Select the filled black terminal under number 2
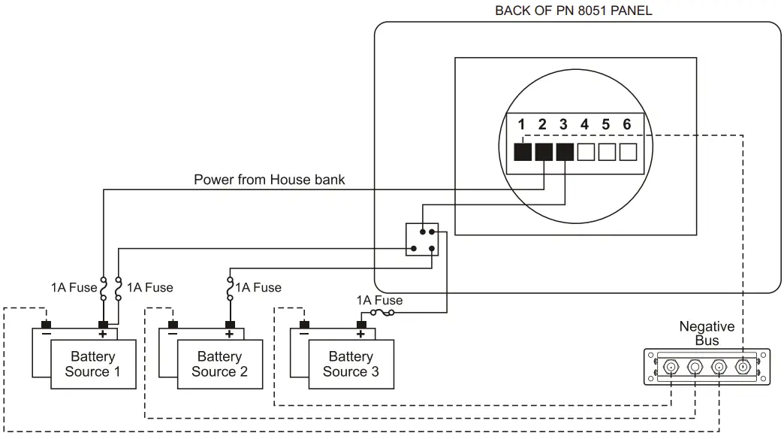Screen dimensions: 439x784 click(544, 152)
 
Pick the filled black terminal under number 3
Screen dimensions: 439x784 click(565, 152)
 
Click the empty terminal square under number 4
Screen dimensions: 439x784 click(586, 152)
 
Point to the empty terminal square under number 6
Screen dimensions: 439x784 click(628, 152)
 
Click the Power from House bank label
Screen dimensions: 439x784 click(269, 180)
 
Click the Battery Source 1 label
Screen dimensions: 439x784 click(92, 364)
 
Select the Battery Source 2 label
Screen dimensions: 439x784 click(219, 364)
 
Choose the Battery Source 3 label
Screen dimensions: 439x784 click(351, 364)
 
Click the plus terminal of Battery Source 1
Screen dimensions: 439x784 click(103, 326)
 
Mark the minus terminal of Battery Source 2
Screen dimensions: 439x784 click(172, 326)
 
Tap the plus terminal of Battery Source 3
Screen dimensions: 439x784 click(361, 326)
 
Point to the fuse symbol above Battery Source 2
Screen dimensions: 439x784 click(229, 287)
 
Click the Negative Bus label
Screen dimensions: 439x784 click(706, 334)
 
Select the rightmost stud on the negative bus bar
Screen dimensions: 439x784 click(743, 368)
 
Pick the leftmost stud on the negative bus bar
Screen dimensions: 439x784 click(671, 368)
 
